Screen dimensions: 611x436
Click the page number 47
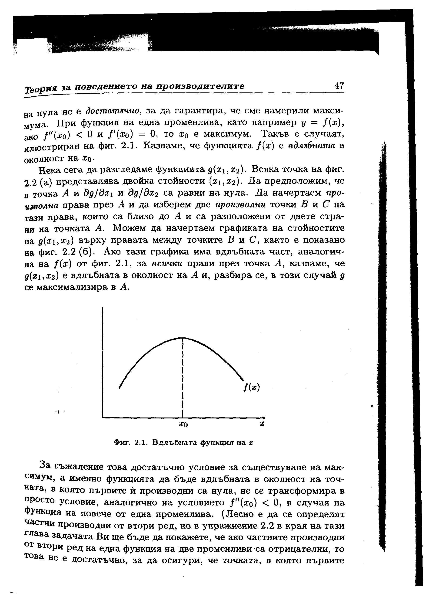coord(339,86)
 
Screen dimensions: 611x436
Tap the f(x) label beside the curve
coord(252,388)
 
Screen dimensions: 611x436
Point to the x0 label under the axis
coord(183,424)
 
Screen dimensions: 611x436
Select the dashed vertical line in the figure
coord(183,376)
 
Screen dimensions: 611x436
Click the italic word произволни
coord(240,205)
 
